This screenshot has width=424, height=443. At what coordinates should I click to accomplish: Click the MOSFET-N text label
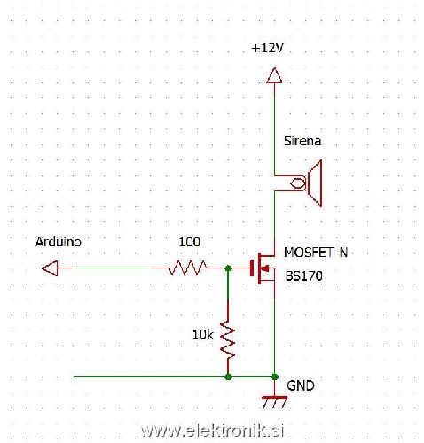(x=316, y=253)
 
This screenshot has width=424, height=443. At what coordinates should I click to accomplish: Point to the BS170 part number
(x=303, y=276)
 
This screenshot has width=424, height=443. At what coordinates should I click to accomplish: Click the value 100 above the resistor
(x=189, y=241)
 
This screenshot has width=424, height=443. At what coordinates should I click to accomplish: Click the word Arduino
(x=59, y=241)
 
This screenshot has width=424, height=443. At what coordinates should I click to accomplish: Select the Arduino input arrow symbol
(x=51, y=267)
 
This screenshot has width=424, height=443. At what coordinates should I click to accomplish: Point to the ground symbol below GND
(x=275, y=400)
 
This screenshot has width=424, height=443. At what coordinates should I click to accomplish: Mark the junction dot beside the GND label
(x=275, y=377)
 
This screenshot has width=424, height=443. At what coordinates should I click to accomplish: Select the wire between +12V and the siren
(x=274, y=128)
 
